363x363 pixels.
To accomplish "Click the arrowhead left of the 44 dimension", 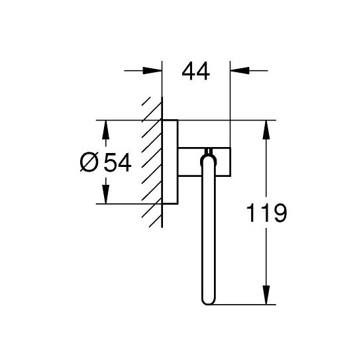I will point(154,70).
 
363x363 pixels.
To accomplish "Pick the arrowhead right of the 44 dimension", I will point(238,70).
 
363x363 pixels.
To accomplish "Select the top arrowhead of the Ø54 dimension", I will point(104,127).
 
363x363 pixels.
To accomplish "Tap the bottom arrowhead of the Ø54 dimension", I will point(104,197).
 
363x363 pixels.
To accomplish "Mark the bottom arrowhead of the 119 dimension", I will point(266,297).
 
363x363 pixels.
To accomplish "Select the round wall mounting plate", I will point(170,162).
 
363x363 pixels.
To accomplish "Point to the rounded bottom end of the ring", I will point(205,301).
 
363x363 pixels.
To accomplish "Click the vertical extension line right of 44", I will point(229,99).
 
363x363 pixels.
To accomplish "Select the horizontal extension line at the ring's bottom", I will point(245,305).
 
